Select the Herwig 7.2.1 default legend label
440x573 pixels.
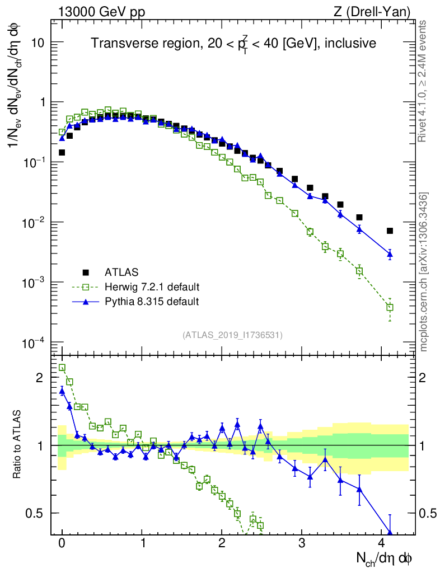(x=152, y=287)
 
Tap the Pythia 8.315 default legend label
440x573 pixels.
(x=151, y=302)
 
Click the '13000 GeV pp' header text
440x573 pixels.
(x=101, y=11)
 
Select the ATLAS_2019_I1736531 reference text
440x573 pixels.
(x=232, y=335)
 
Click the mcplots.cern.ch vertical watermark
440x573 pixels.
(x=424, y=272)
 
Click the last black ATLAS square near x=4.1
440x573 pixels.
(x=390, y=231)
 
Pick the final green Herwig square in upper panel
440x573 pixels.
(x=390, y=307)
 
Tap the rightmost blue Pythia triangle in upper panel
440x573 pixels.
(x=390, y=255)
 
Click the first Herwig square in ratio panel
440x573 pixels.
(x=62, y=368)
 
